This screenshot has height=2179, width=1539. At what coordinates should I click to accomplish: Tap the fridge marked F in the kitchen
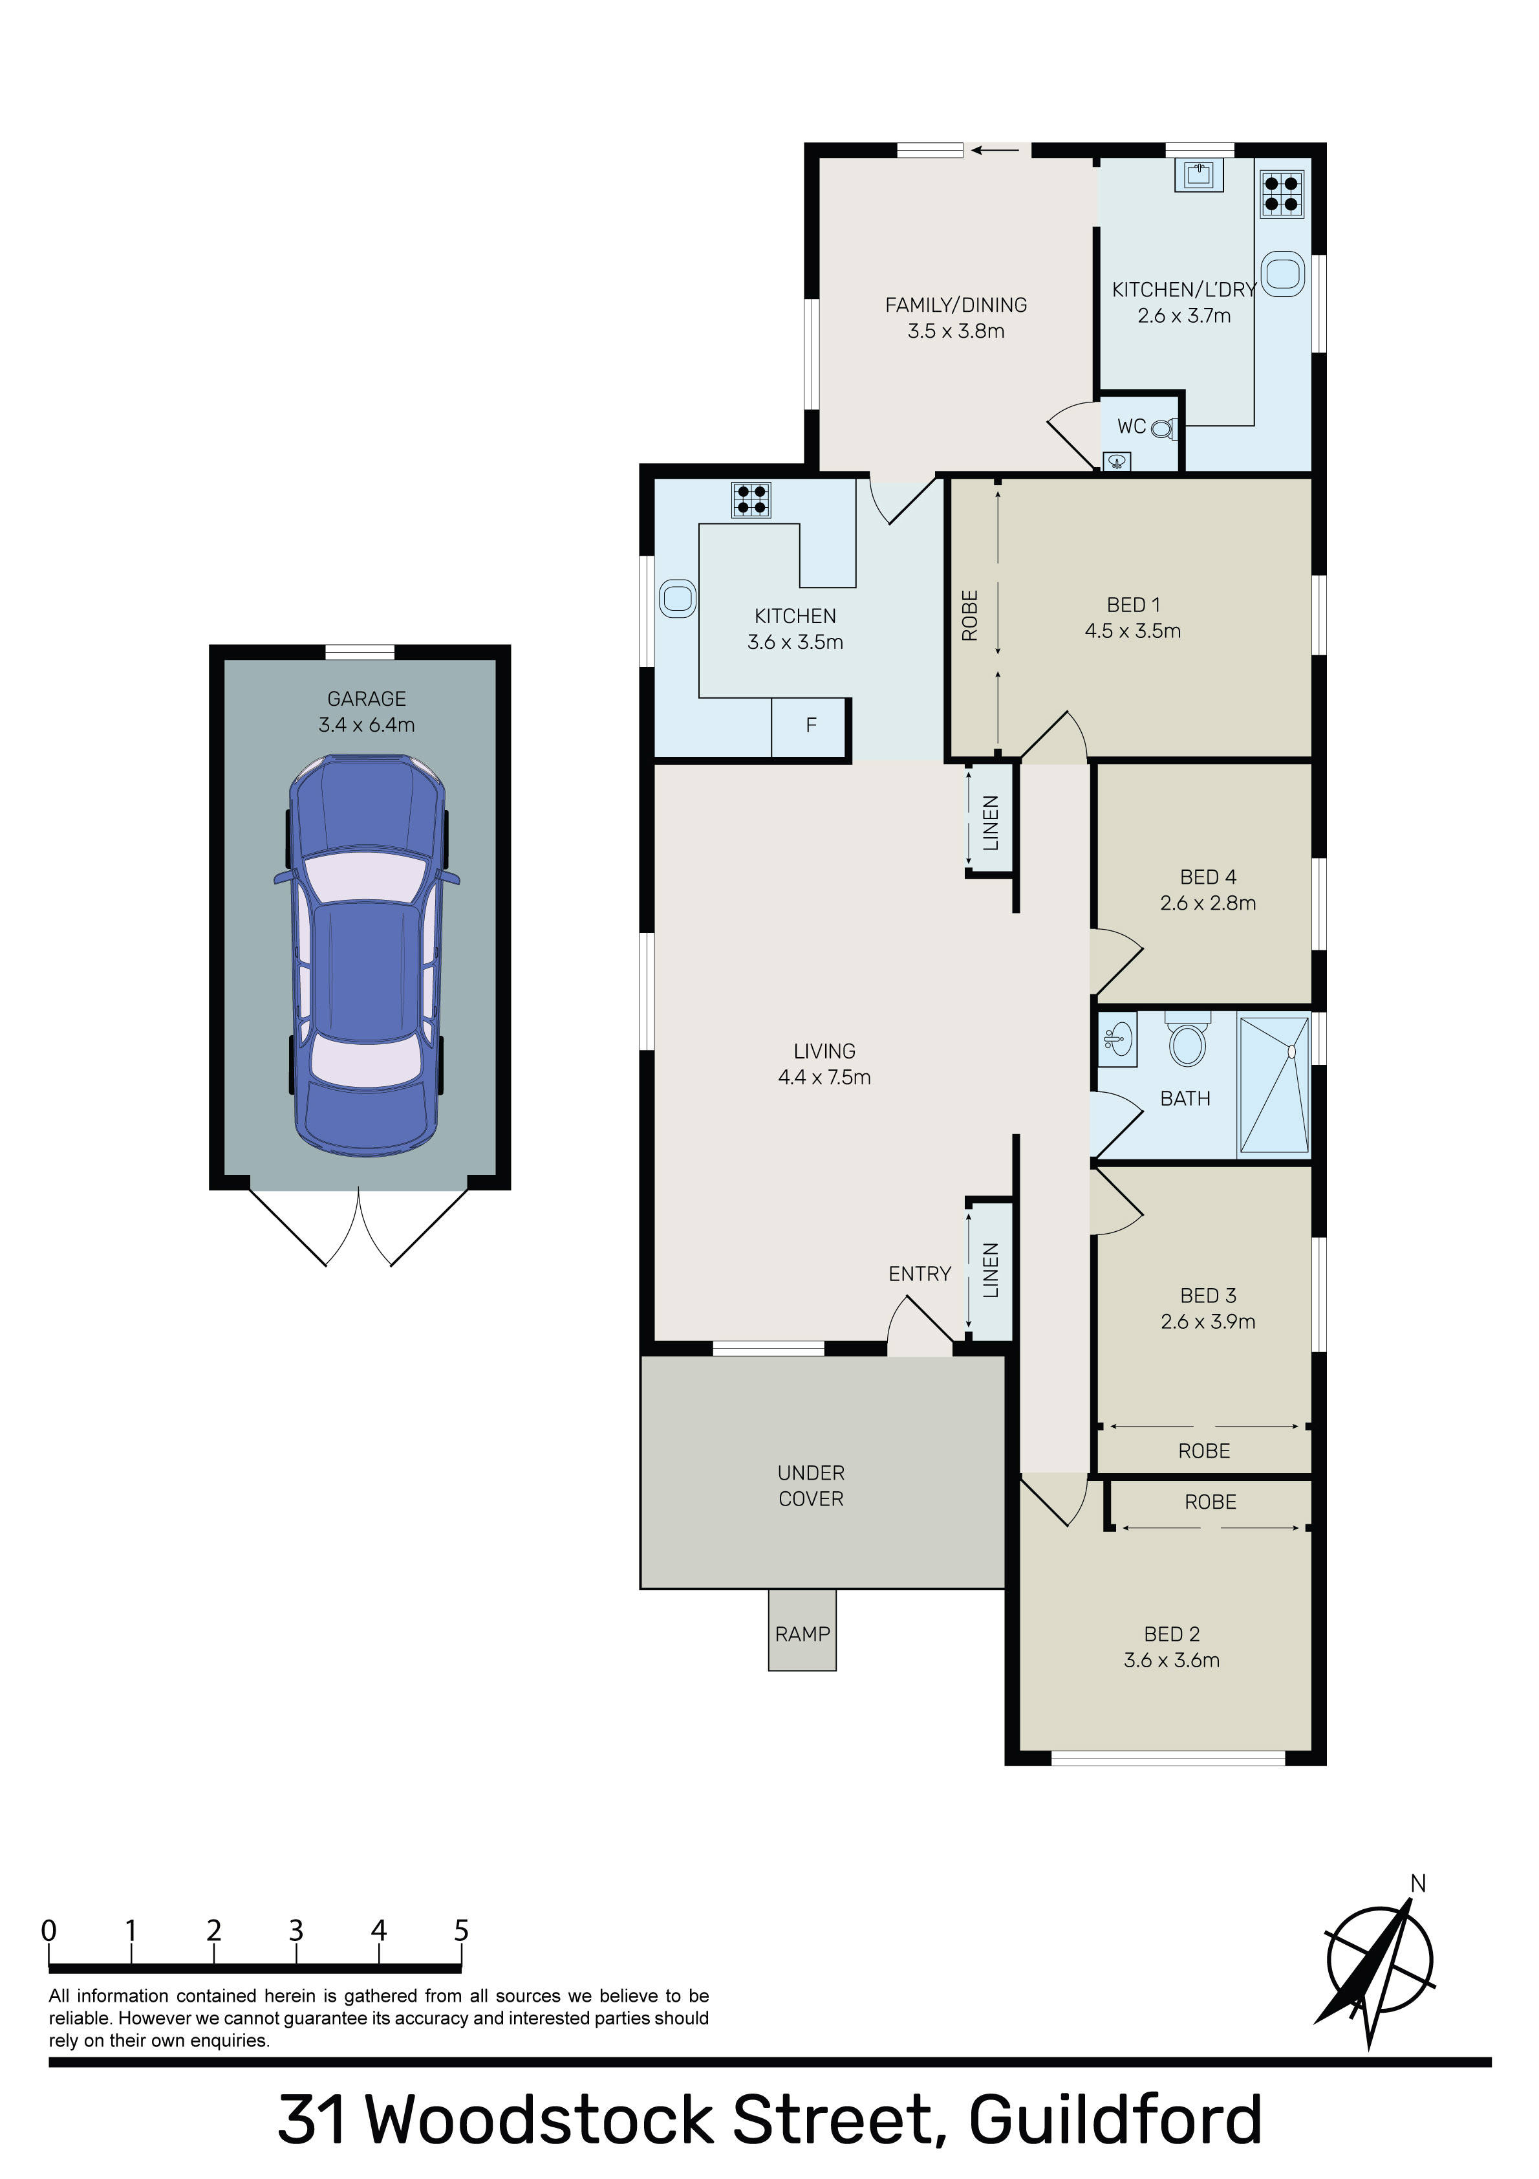pos(810,727)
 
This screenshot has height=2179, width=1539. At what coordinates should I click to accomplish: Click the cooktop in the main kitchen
pos(751,499)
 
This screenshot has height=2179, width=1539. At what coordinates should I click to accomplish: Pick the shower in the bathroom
pos(1275,1086)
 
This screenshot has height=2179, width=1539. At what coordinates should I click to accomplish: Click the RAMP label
pos(802,1634)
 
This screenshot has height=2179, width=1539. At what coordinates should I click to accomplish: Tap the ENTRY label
pos(920,1274)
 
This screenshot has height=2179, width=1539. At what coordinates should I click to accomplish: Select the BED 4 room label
pos(1208,877)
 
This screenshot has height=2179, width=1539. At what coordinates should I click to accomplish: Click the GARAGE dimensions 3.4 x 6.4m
pos(367,725)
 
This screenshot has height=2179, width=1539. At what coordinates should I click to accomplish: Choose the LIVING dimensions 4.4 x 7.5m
pos(824,1077)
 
